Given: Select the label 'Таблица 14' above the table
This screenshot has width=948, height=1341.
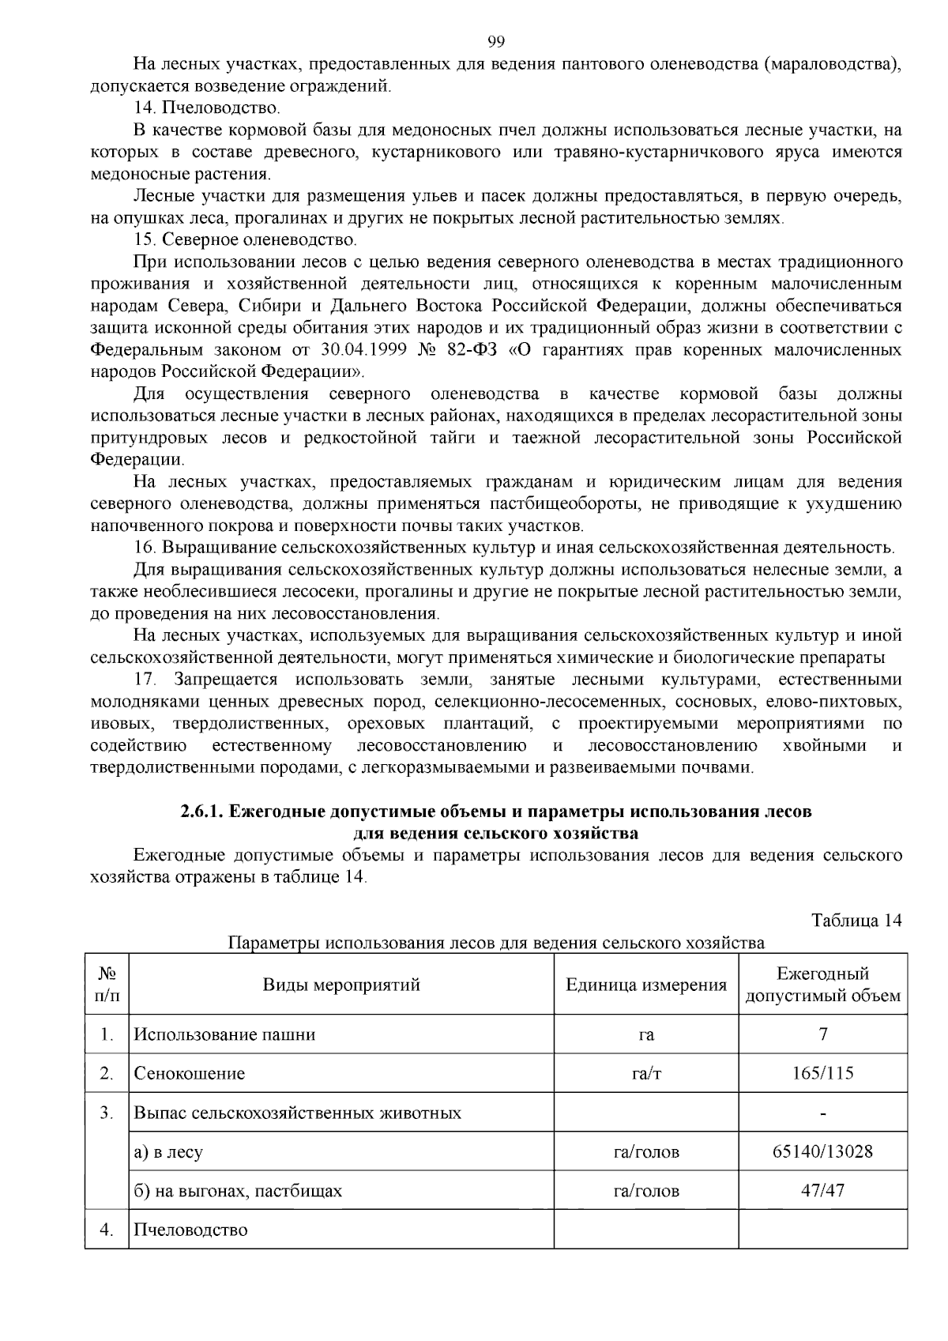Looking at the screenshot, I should coord(856,921).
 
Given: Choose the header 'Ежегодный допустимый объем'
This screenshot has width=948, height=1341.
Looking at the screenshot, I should coord(822,985).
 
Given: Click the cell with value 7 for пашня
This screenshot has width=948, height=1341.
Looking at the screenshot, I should coord(823,1034).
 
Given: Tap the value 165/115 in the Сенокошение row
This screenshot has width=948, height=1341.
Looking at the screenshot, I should coord(822,1073).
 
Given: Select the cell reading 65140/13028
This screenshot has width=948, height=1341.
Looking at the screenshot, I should coord(822,1151).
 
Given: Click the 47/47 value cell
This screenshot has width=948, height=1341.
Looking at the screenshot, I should coord(822,1190).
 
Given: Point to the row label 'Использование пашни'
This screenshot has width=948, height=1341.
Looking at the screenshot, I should coord(224,1034).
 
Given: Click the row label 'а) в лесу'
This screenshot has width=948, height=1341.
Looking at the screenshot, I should coord(168,1152).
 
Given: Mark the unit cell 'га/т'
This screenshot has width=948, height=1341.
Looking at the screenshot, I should coord(646,1073).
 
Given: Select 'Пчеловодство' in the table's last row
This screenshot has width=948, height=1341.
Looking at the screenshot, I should coord(190,1230).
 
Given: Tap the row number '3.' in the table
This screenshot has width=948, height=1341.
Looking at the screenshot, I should coord(107,1113).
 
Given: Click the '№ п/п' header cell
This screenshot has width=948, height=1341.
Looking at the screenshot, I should coord(107,985).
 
